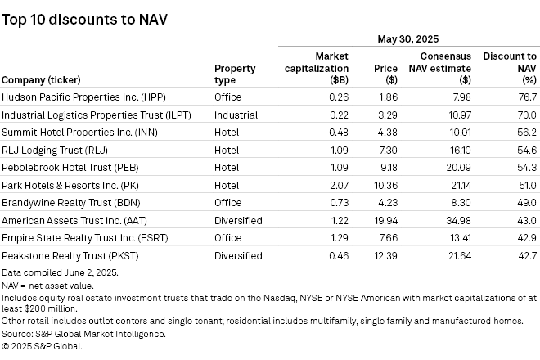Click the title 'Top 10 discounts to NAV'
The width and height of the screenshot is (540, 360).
point(84,19)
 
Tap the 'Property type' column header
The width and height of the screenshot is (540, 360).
point(235,74)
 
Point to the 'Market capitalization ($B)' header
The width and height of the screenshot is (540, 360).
point(315,68)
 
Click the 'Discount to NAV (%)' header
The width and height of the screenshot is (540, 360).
point(510,68)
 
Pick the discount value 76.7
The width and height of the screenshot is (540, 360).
point(526,97)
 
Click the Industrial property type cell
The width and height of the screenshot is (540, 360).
point(236,115)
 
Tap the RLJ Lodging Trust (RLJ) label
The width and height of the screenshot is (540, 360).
point(55,151)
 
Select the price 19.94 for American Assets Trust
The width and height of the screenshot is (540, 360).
point(385,221)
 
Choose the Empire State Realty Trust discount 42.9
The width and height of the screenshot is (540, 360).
point(526,238)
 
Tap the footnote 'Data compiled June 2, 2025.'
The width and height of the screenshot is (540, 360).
point(60,272)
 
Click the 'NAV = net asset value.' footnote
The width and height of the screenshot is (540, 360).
point(47,286)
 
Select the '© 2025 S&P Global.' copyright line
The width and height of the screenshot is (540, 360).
point(43,346)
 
